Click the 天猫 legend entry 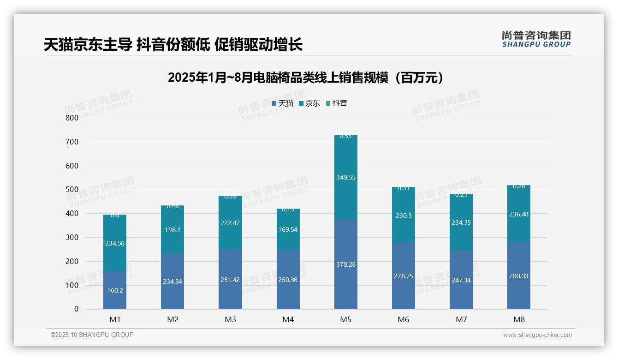click(x=283, y=103)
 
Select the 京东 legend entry click(x=309, y=103)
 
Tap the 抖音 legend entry click(x=337, y=103)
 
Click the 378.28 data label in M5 click(x=345, y=264)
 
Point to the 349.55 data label click(x=345, y=177)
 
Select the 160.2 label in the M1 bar click(x=115, y=290)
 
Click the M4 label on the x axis click(x=288, y=319)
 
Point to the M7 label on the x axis click(x=461, y=319)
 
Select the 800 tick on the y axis click(x=72, y=118)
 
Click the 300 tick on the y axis click(x=72, y=237)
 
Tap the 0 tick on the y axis click(x=76, y=309)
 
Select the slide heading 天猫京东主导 click(x=173, y=45)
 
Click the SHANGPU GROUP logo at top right click(x=536, y=39)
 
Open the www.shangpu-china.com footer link click(x=537, y=335)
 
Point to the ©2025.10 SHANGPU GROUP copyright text click(x=92, y=335)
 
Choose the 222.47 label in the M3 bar click(x=230, y=223)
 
